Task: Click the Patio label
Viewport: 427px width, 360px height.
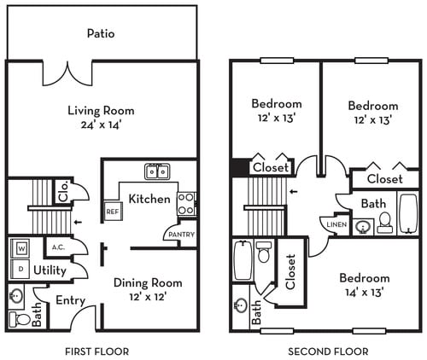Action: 100,34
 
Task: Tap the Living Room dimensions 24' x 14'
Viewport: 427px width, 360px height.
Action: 101,126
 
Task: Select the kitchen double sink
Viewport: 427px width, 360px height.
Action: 156,171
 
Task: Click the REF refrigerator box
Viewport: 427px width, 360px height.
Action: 112,211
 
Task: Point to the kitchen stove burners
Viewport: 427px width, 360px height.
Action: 186,203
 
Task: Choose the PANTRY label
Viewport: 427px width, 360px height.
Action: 180,235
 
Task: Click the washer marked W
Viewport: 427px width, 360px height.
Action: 20,248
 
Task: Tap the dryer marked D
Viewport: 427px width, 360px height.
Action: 20,268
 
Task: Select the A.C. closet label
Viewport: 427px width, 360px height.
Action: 58,248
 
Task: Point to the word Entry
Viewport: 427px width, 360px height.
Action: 70,300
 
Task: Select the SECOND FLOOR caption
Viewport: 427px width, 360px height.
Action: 328,351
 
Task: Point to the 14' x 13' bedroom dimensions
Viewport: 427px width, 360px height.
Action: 364,292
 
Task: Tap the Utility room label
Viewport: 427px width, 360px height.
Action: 50,270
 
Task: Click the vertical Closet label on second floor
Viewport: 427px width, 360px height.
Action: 290,272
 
